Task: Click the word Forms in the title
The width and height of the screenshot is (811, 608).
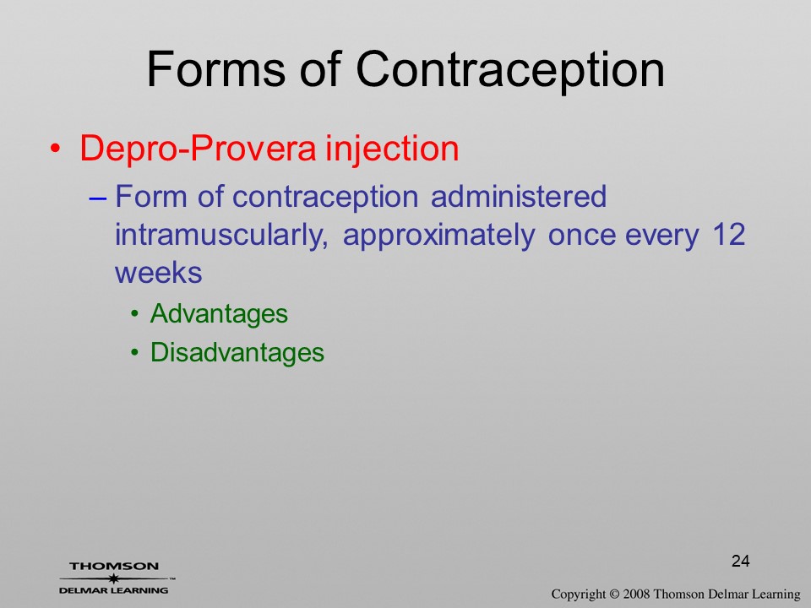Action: click(x=216, y=68)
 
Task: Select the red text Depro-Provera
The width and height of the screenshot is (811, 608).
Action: click(x=198, y=149)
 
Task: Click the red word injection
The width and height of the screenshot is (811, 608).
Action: click(x=392, y=149)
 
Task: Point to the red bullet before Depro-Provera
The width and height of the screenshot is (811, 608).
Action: click(x=55, y=149)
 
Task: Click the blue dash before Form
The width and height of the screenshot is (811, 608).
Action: click(x=98, y=198)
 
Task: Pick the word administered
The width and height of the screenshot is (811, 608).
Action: click(x=518, y=197)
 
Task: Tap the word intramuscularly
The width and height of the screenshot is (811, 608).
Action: click(x=221, y=236)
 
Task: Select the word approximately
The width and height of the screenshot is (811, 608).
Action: click(x=438, y=236)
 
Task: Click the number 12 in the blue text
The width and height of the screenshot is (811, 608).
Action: click(x=729, y=235)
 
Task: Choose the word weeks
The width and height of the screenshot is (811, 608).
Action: click(x=158, y=273)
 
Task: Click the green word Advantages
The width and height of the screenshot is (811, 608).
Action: click(x=219, y=314)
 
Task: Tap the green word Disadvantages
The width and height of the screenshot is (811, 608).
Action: click(x=237, y=353)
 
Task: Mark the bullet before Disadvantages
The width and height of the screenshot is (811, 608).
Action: click(x=135, y=353)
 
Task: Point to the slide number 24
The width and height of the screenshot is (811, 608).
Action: click(x=741, y=561)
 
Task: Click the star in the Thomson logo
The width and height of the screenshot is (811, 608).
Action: click(x=114, y=578)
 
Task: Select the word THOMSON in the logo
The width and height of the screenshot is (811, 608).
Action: click(x=114, y=566)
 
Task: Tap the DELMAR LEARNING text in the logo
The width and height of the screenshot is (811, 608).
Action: click(x=114, y=590)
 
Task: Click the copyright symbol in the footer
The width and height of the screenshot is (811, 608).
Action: click(x=614, y=594)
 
